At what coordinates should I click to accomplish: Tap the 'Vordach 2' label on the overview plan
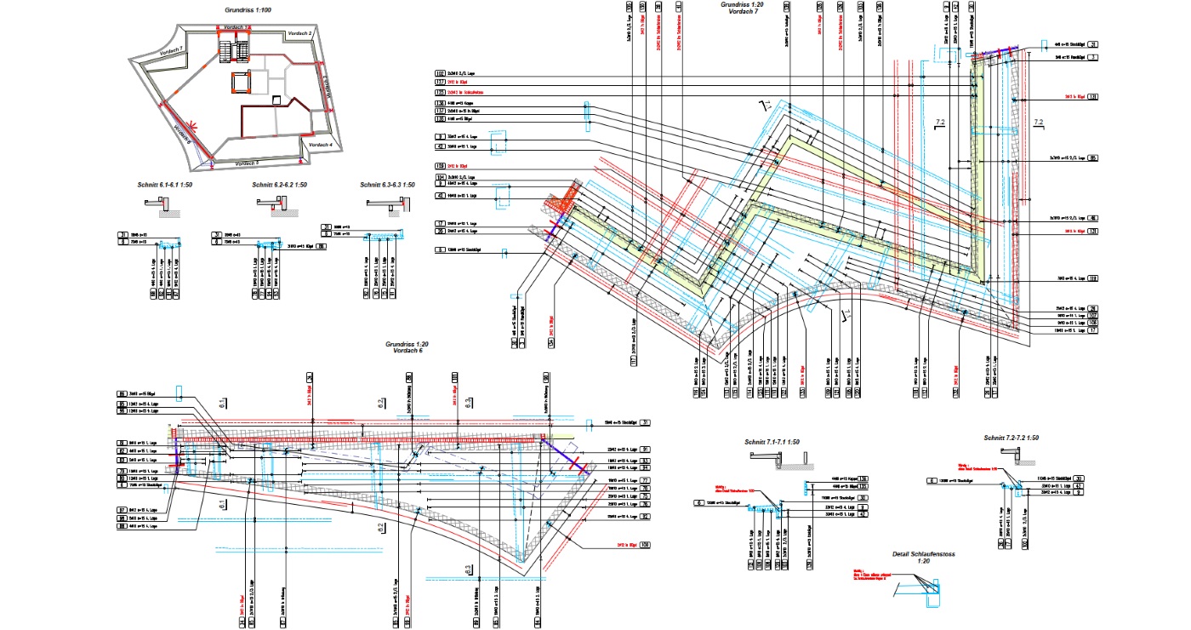[x=300, y=32]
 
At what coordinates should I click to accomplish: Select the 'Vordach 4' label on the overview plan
[x=320, y=146]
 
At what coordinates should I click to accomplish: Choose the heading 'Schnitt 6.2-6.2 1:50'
[x=280, y=185]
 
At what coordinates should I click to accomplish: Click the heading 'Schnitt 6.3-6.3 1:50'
[x=387, y=185]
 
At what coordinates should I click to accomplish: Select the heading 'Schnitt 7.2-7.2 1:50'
[x=1011, y=438]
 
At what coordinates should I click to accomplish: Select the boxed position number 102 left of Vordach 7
[x=440, y=74]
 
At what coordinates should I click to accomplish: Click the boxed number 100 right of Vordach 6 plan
[x=645, y=544]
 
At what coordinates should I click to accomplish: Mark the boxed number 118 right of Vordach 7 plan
[x=1093, y=278]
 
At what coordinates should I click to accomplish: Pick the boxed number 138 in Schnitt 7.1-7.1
[x=863, y=478]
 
